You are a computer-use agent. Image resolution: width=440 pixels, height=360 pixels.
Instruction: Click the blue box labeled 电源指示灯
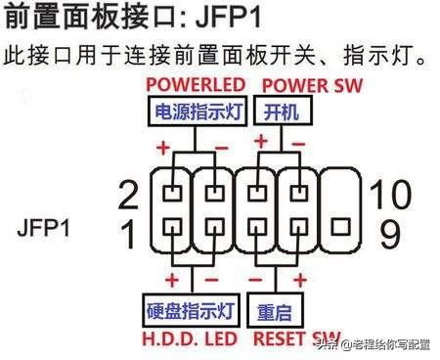click(x=196, y=113)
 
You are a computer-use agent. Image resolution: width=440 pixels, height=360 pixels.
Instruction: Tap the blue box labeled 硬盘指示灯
click(x=190, y=313)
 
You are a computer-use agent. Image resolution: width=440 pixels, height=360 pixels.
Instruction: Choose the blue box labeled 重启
click(x=276, y=313)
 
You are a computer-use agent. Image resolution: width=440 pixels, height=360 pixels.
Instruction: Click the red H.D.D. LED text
click(x=192, y=339)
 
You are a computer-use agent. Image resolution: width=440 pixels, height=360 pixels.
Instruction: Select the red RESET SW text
click(x=298, y=339)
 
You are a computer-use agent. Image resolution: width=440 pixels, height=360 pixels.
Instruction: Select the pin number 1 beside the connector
click(x=127, y=233)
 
